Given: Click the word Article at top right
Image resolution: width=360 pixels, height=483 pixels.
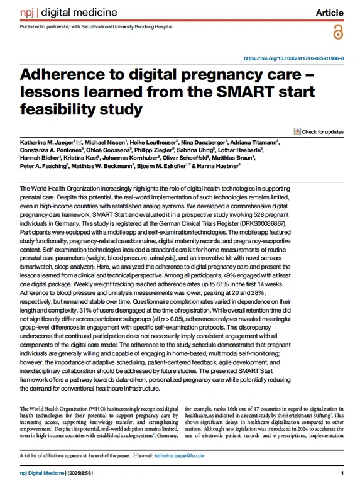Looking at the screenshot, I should click(x=329, y=12).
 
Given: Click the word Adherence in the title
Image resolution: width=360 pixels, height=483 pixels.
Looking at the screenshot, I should click(x=66, y=75).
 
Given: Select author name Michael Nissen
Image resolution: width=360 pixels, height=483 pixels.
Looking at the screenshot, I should click(x=107, y=143).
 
